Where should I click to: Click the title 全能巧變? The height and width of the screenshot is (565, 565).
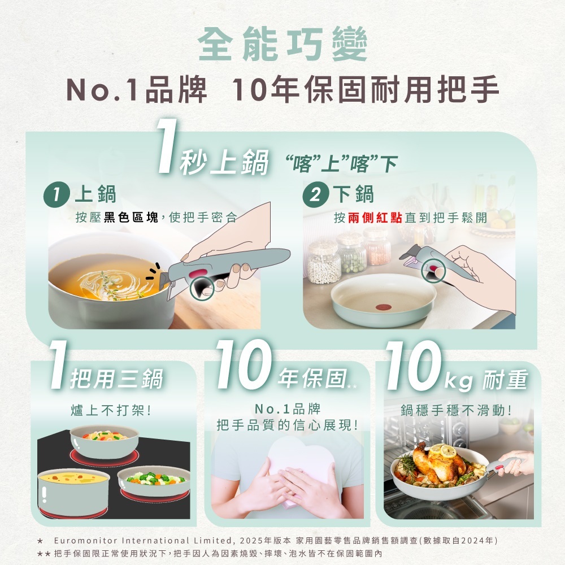pyautogui.click(x=283, y=44)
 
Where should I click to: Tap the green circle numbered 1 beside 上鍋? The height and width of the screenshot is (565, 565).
pyautogui.click(x=56, y=195)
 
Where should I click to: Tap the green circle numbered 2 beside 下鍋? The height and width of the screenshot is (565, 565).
pyautogui.click(x=316, y=194)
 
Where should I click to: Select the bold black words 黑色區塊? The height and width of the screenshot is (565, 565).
pyautogui.click(x=131, y=218)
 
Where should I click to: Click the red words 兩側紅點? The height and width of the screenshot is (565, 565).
pyautogui.click(x=375, y=218)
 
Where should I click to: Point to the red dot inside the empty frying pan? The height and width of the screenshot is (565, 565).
pyautogui.click(x=383, y=307)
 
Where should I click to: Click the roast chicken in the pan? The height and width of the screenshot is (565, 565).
pyautogui.click(x=438, y=462)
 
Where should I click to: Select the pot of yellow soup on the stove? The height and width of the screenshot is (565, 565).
pyautogui.click(x=73, y=492)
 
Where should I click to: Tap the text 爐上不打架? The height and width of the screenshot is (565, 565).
pyautogui.click(x=110, y=410)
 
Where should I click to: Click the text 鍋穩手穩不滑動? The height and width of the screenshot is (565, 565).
pyautogui.click(x=456, y=410)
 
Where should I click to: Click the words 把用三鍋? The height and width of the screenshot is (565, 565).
pyautogui.click(x=116, y=379)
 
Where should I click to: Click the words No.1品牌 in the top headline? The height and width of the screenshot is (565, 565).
pyautogui.click(x=137, y=90)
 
